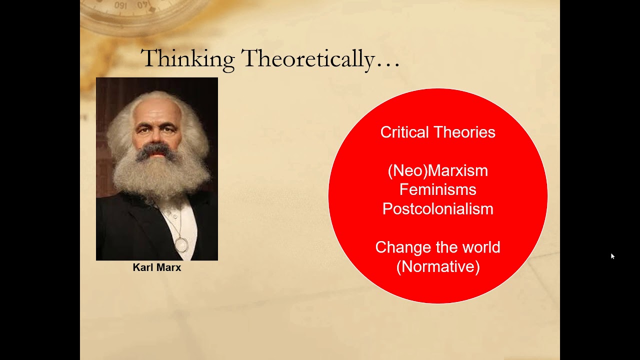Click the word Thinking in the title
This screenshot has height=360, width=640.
point(187,59)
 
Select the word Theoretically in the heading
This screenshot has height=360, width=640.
point(307,59)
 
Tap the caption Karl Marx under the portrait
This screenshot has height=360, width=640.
point(156,267)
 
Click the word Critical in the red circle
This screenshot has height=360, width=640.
point(404,132)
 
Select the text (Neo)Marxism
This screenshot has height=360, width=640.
point(437,171)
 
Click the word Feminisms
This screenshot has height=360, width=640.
point(437,190)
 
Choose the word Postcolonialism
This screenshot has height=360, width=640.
point(437,209)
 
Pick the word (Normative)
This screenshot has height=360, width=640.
point(437,266)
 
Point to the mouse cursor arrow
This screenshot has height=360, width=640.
point(612,256)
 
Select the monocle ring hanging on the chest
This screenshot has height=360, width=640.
point(181,245)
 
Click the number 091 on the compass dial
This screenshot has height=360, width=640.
point(120,5)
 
